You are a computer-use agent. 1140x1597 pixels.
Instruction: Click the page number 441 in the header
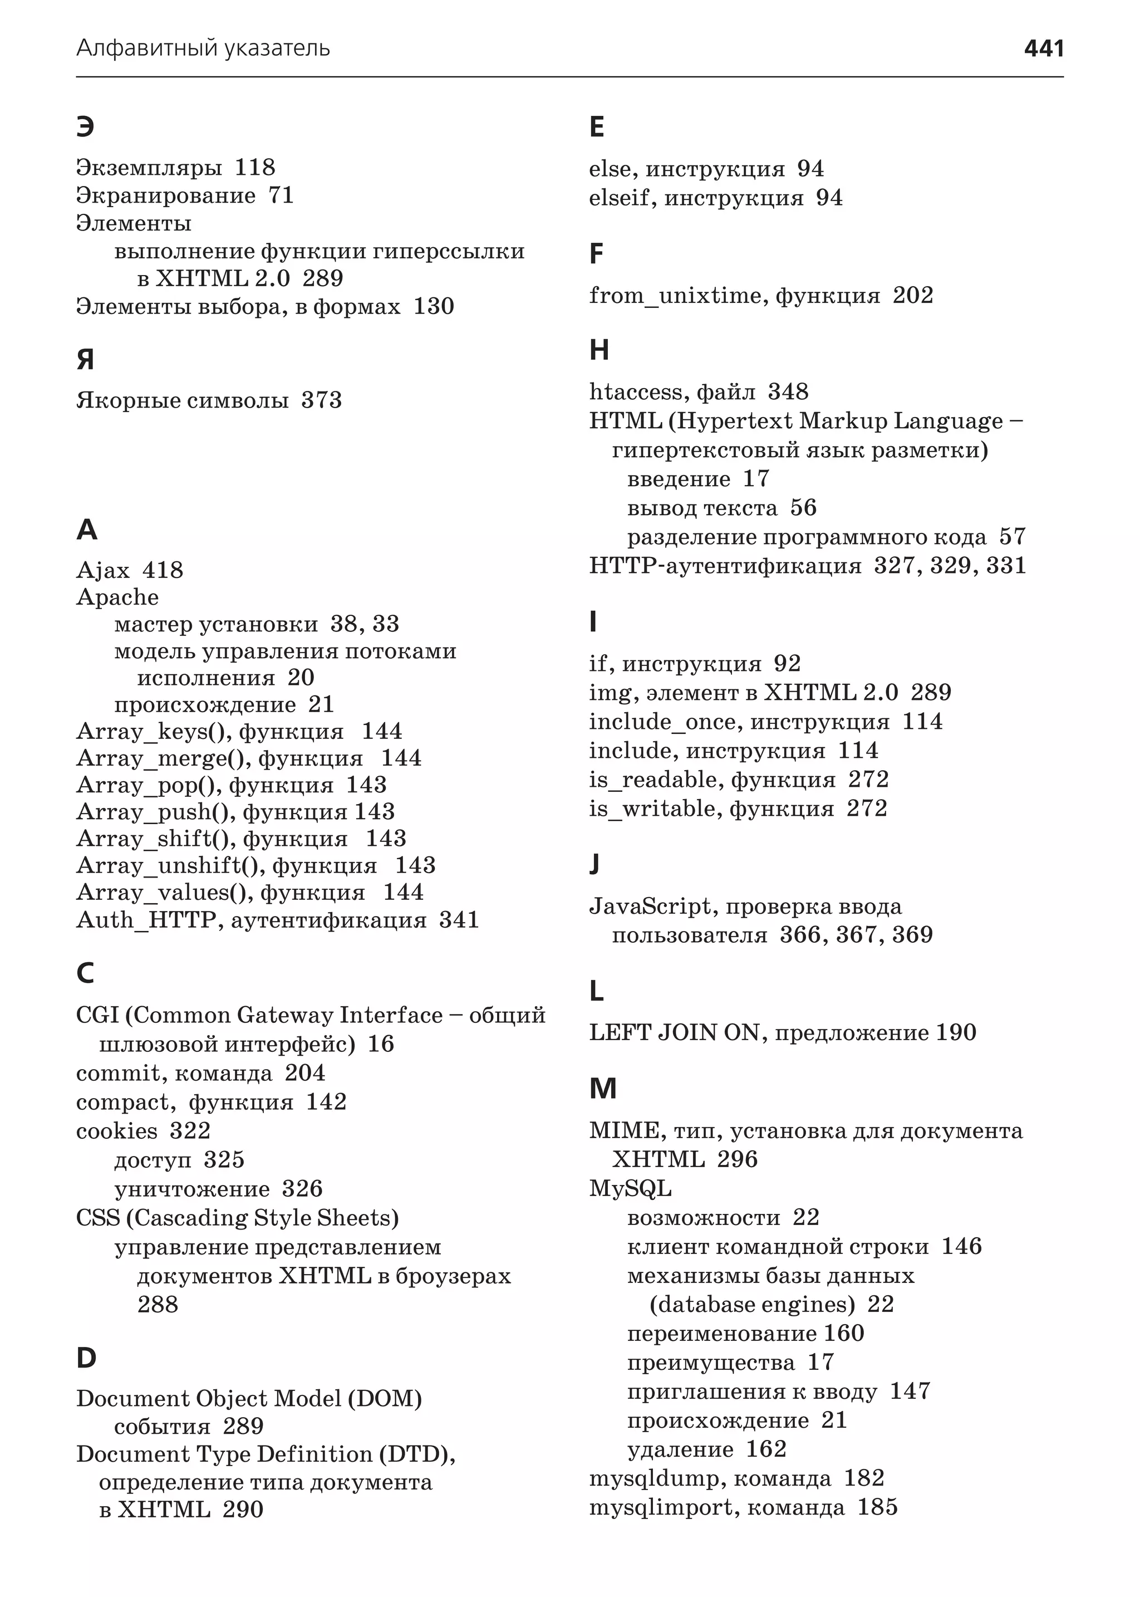1043,48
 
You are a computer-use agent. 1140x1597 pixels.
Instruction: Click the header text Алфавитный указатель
203,48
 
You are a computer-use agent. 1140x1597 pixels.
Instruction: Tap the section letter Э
85,127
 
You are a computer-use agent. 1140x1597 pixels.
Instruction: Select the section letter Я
85,360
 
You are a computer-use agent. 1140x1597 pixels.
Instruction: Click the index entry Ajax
102,570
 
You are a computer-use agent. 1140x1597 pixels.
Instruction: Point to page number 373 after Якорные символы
322,400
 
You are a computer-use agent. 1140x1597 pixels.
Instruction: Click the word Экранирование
166,195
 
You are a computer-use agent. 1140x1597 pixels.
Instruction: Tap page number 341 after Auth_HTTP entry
459,920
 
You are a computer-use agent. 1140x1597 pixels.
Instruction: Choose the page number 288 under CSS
158,1305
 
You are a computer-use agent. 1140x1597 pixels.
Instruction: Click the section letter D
86,1358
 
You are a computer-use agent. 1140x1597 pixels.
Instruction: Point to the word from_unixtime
675,296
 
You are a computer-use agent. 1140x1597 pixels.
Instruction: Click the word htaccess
637,392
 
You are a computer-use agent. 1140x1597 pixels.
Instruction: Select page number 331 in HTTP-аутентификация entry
1006,565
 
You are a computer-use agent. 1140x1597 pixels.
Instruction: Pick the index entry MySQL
630,1188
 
